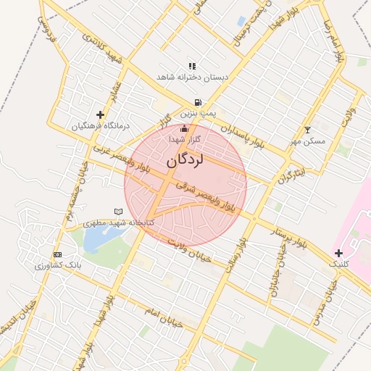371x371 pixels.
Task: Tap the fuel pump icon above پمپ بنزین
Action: pyautogui.click(x=197, y=103)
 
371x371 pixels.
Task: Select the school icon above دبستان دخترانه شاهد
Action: pyautogui.click(x=192, y=66)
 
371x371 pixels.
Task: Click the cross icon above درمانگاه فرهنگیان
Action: pyautogui.click(x=100, y=114)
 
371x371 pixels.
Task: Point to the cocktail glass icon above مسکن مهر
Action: pyautogui.click(x=307, y=130)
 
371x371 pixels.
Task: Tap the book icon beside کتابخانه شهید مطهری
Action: pyautogui.click(x=119, y=212)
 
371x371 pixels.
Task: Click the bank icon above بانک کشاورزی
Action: pyautogui.click(x=57, y=254)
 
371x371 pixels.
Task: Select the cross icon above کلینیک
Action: pyautogui.click(x=338, y=252)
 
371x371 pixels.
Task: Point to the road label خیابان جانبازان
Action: pyautogui.click(x=275, y=276)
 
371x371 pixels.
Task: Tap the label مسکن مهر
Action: pyautogui.click(x=308, y=141)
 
